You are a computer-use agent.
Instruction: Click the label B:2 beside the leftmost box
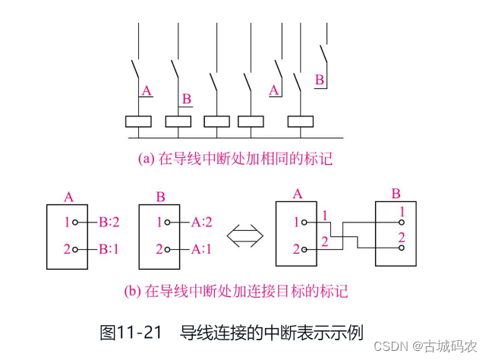pos(111,223)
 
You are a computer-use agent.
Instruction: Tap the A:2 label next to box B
pos(203,223)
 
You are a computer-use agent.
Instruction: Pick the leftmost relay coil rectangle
pos(138,122)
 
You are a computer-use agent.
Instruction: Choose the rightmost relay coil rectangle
pos(301,122)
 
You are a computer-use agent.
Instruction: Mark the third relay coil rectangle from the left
pos(216,122)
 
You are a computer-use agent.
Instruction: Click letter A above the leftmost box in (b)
pos(69,197)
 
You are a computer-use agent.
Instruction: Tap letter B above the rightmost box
pos(396,194)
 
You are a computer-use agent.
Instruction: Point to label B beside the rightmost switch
pos(320,79)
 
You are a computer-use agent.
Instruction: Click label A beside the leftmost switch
pos(147,91)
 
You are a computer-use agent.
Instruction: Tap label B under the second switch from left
pos(187,99)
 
